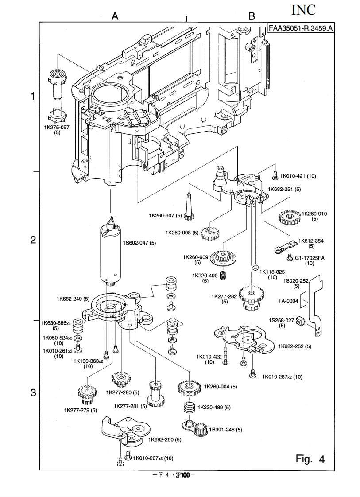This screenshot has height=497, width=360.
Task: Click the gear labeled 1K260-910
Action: (289, 217)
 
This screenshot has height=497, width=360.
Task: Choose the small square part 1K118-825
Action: (254, 268)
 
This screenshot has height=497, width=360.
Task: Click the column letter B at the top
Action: (252, 16)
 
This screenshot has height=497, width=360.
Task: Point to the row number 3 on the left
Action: (33, 393)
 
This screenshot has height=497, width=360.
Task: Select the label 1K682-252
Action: (294, 346)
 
